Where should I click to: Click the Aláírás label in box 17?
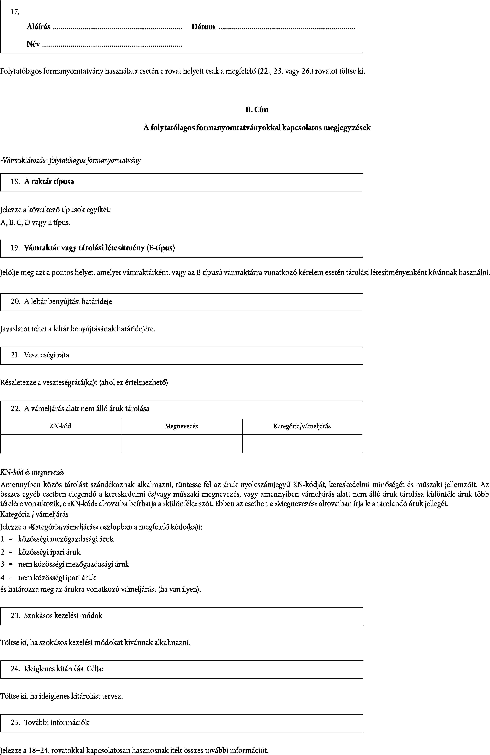coord(38,27)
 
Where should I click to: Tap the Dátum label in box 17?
coord(203,27)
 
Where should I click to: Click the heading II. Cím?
coord(257,110)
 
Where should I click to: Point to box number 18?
coord(15,182)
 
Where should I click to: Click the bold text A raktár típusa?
coord(49,182)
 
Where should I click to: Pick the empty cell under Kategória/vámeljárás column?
coord(302,444)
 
